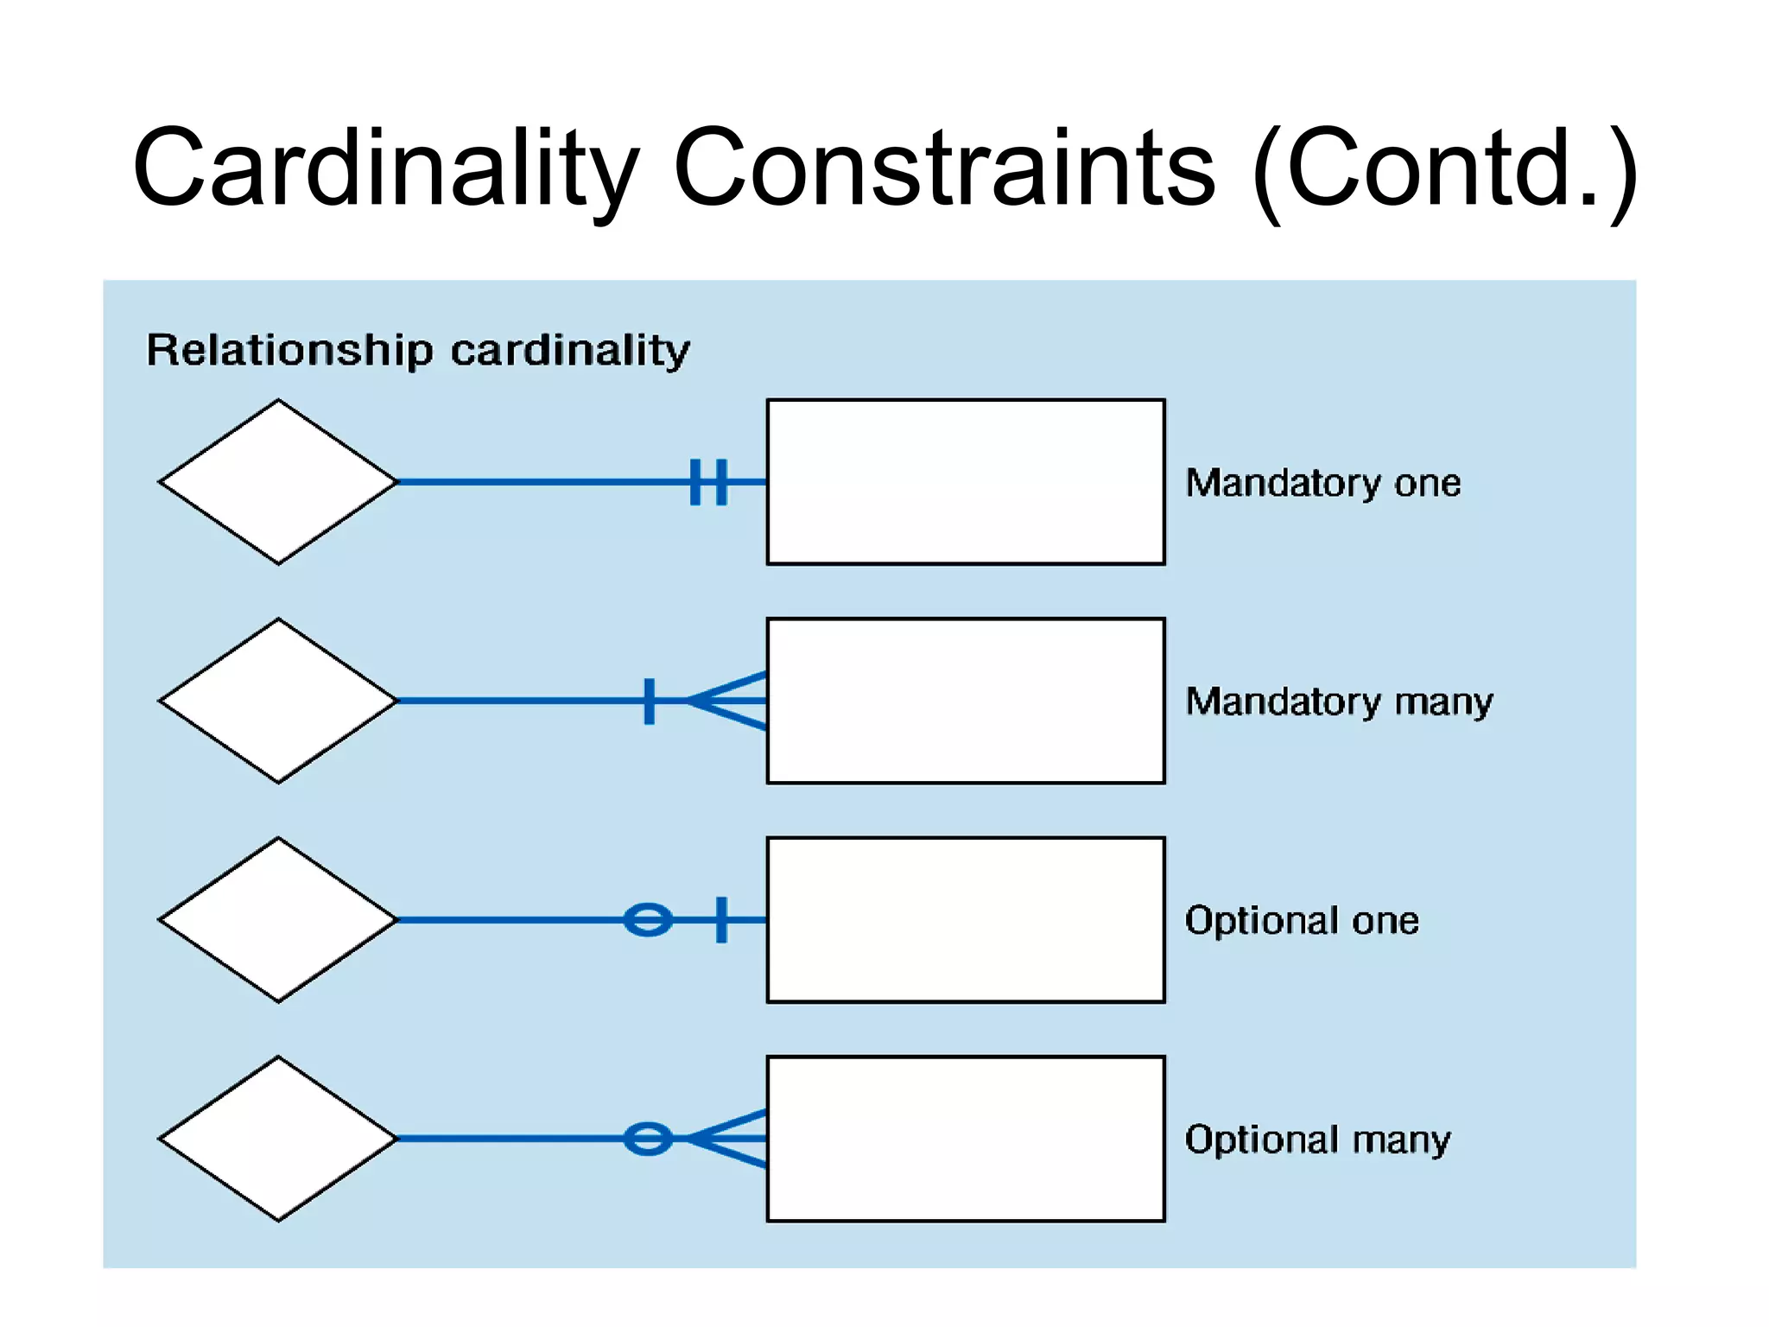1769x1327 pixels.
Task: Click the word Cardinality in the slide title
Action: pos(385,168)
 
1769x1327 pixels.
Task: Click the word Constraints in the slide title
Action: pos(943,168)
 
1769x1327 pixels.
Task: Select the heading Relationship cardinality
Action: pos(418,351)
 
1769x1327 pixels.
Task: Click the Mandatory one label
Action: pos(1322,483)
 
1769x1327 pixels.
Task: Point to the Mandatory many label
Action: pos(1338,702)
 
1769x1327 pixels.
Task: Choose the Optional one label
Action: pos(1301,921)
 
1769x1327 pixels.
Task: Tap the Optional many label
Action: pos(1317,1140)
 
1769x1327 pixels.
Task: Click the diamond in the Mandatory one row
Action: pos(278,482)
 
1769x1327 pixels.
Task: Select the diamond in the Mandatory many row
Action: pos(278,701)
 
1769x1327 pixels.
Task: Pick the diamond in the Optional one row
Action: pos(278,920)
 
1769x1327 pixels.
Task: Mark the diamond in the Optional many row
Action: pos(278,1139)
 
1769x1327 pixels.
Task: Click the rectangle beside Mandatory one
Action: pos(965,482)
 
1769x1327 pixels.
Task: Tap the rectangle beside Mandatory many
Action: pos(965,701)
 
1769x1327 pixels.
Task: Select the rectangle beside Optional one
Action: pos(965,920)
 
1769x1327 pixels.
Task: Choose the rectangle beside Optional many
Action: pos(965,1139)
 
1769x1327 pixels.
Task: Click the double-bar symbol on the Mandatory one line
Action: pos(709,482)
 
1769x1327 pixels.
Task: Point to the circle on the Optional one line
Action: pos(648,920)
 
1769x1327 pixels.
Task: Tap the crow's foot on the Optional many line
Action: pos(730,1139)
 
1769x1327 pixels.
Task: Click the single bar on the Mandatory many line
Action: pos(650,701)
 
